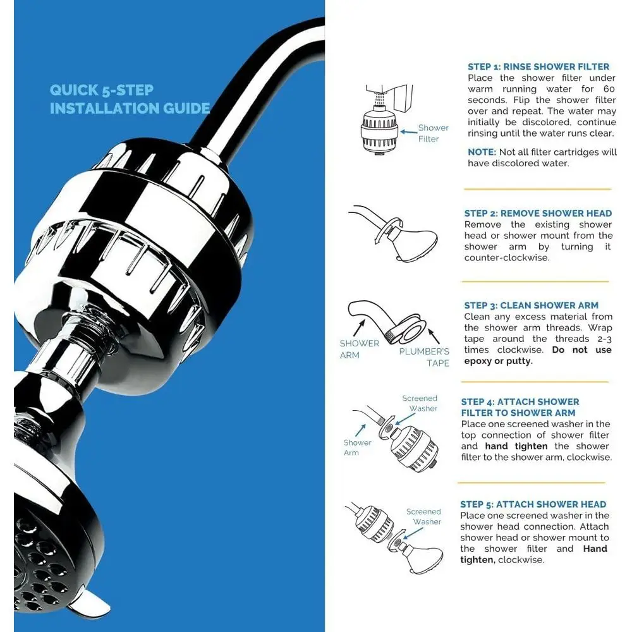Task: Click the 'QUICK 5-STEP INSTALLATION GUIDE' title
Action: [130, 99]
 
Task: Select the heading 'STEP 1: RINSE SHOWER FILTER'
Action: [538, 66]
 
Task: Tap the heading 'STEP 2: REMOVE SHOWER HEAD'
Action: [538, 213]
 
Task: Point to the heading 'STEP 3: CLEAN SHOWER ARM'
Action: [531, 305]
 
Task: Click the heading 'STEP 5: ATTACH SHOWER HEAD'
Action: [533, 504]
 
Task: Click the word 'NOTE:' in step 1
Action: [482, 152]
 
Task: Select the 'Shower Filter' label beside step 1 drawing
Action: [433, 133]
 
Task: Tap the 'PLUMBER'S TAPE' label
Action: [424, 357]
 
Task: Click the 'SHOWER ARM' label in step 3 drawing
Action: [359, 349]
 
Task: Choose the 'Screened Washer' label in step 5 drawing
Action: [424, 516]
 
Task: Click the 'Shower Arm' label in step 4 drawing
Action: [357, 447]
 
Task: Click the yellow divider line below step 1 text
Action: [537, 188]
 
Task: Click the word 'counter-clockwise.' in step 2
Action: [506, 258]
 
